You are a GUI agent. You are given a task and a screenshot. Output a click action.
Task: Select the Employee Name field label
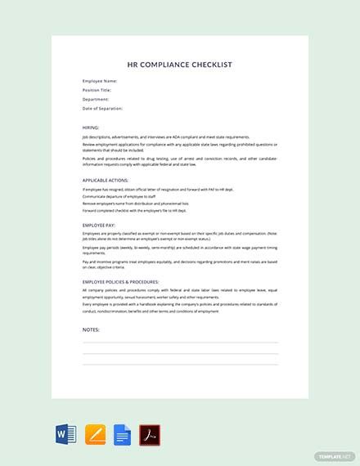point(101,81)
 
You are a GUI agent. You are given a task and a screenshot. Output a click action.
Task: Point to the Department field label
point(97,99)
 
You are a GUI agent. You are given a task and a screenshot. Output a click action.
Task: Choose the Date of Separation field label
point(103,108)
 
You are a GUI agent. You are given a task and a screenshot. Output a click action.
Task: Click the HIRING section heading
point(91,128)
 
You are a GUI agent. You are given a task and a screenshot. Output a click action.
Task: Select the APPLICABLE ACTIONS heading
point(106,180)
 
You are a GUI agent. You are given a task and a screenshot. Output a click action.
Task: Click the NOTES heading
point(91,329)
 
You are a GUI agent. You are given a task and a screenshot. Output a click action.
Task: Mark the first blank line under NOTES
point(180,343)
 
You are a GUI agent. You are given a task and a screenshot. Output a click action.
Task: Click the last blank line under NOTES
point(180,364)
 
